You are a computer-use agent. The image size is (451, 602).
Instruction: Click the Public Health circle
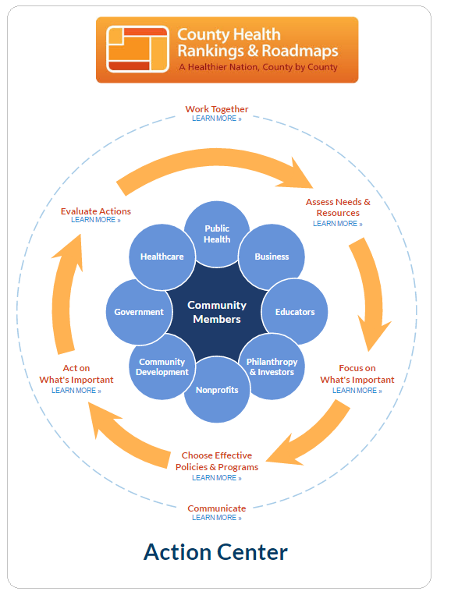click(217, 233)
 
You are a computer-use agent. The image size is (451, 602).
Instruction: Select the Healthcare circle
click(162, 257)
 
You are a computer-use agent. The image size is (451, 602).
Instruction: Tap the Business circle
click(272, 257)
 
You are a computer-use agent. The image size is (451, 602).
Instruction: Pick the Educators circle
click(295, 312)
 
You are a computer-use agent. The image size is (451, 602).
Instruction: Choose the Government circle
click(139, 312)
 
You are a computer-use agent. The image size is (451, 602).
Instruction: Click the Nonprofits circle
click(217, 390)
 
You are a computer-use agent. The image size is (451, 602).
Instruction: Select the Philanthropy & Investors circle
click(272, 367)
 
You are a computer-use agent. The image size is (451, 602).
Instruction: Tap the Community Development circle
click(162, 367)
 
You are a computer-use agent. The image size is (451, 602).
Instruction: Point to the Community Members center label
click(217, 312)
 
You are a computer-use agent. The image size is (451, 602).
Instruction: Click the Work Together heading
click(217, 109)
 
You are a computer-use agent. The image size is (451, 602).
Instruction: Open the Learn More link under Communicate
click(217, 518)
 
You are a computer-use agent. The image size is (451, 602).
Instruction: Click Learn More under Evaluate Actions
click(96, 220)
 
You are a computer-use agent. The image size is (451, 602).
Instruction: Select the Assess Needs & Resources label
click(338, 207)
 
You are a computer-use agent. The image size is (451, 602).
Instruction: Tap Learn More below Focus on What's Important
click(357, 390)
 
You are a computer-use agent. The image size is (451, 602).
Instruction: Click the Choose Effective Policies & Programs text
click(217, 461)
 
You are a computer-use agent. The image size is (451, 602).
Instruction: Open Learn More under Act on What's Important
click(76, 390)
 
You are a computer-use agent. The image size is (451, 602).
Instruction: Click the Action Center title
click(215, 552)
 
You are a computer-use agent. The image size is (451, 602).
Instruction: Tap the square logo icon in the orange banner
click(137, 49)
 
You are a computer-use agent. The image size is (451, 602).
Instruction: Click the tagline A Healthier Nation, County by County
click(258, 67)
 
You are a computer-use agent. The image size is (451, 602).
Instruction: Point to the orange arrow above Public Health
click(215, 158)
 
